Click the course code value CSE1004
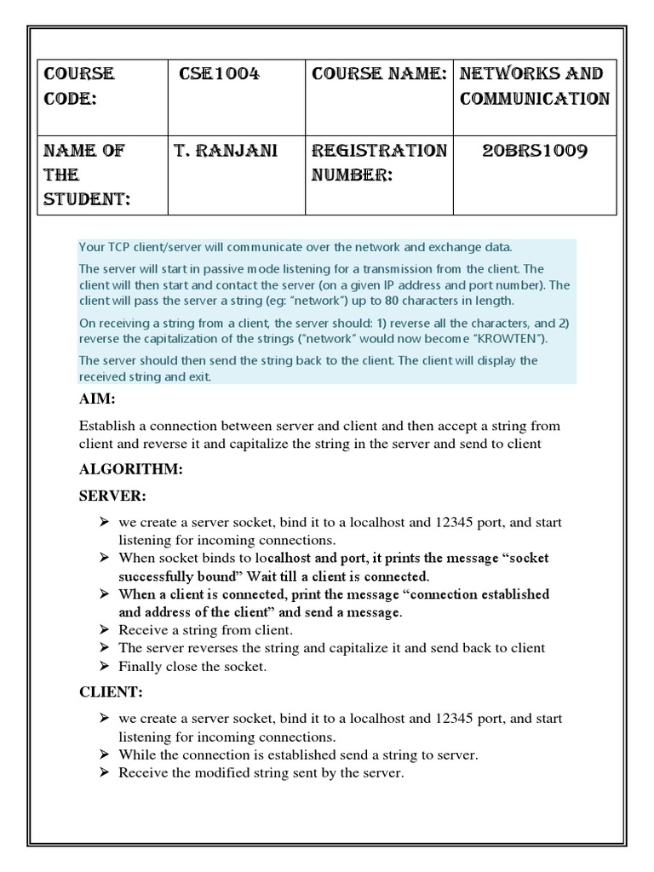pos(219,74)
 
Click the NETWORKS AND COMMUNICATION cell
pos(534,86)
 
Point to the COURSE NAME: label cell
pos(379,74)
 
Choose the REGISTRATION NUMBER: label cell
pos(379,163)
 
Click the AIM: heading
pos(96,399)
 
